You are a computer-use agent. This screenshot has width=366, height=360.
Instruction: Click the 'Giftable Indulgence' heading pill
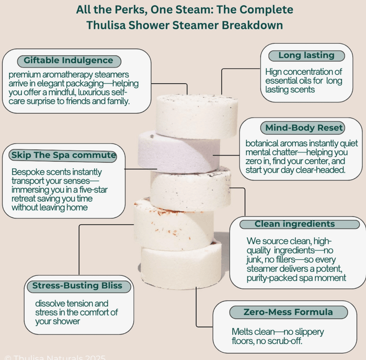point(69,61)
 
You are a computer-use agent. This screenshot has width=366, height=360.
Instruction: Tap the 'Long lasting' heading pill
point(307,56)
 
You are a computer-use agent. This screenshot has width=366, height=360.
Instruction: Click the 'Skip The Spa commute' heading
point(63,155)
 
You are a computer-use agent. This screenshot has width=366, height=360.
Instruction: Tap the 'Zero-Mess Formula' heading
point(289,312)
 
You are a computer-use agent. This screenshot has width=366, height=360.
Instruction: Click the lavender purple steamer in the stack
point(179,152)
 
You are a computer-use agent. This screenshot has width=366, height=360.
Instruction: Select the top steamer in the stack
point(197,116)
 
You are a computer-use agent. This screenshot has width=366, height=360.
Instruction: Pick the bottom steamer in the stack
point(181,265)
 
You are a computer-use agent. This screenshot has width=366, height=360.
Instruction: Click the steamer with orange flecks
point(174,225)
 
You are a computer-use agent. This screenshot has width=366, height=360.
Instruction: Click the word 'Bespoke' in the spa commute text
point(28,172)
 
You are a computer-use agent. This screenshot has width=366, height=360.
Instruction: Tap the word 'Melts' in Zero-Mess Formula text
point(242,332)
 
